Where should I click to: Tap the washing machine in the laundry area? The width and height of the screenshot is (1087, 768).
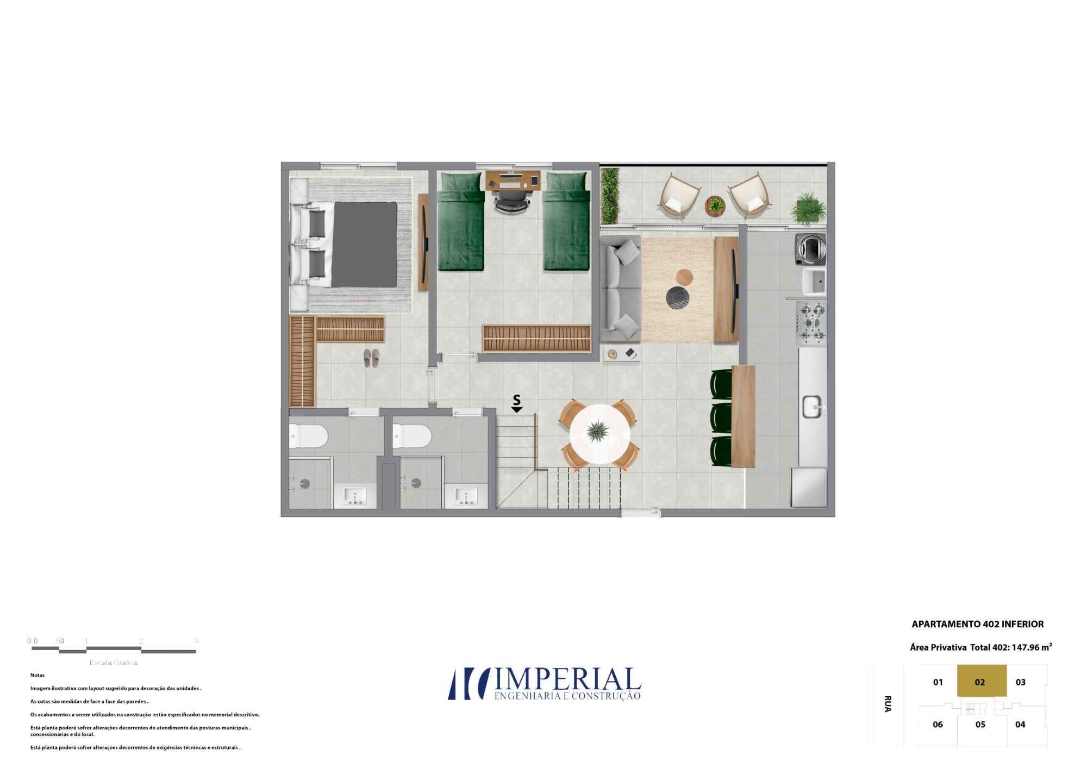tap(810, 249)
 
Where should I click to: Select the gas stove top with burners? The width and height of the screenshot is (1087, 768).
tap(811, 323)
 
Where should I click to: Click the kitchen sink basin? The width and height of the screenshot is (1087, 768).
tap(812, 407)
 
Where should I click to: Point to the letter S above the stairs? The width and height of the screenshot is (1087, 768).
tap(516, 400)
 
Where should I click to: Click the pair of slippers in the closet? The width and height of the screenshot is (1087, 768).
tap(371, 358)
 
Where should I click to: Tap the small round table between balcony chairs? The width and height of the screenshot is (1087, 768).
tap(715, 206)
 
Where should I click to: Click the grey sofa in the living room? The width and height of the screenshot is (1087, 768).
tap(621, 289)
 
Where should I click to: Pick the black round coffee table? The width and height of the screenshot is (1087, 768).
tap(678, 298)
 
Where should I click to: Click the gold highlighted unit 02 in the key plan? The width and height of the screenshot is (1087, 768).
tap(982, 681)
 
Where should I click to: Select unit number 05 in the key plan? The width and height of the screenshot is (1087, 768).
tap(980, 725)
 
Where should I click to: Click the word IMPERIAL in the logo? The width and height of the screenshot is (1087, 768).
tap(567, 680)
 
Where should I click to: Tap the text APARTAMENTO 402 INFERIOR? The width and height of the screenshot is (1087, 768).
tap(978, 624)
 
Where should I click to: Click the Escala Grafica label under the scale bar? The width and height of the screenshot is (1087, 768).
tap(114, 663)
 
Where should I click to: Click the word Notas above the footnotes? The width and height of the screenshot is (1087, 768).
tap(38, 675)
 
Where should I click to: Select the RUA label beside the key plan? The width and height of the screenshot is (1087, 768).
tap(888, 704)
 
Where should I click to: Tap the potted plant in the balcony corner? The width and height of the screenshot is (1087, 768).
tap(808, 209)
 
